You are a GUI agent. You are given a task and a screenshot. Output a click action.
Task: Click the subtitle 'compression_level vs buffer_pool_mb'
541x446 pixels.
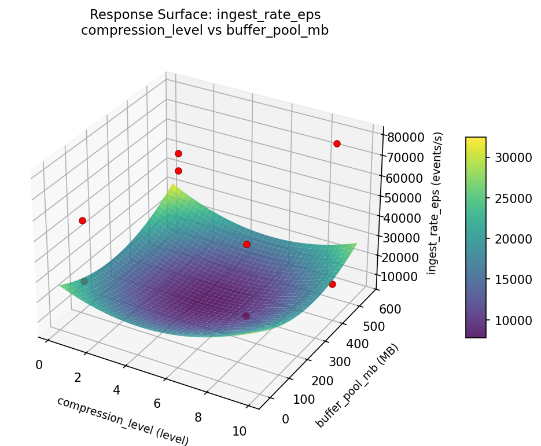[x=205, y=31]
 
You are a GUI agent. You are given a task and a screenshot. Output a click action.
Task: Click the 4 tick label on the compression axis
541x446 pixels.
[x=116, y=390]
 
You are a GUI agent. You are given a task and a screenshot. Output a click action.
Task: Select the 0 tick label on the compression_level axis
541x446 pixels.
[x=39, y=364]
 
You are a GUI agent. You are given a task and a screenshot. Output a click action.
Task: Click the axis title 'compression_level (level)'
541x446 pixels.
[x=123, y=421]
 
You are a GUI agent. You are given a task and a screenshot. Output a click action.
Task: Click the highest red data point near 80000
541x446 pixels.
[x=337, y=143]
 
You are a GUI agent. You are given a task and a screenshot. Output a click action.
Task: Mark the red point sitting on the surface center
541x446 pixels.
[x=246, y=244]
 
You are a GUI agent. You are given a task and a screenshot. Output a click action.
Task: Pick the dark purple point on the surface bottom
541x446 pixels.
[x=246, y=316]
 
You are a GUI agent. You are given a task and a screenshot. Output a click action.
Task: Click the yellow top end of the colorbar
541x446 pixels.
[x=476, y=141]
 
